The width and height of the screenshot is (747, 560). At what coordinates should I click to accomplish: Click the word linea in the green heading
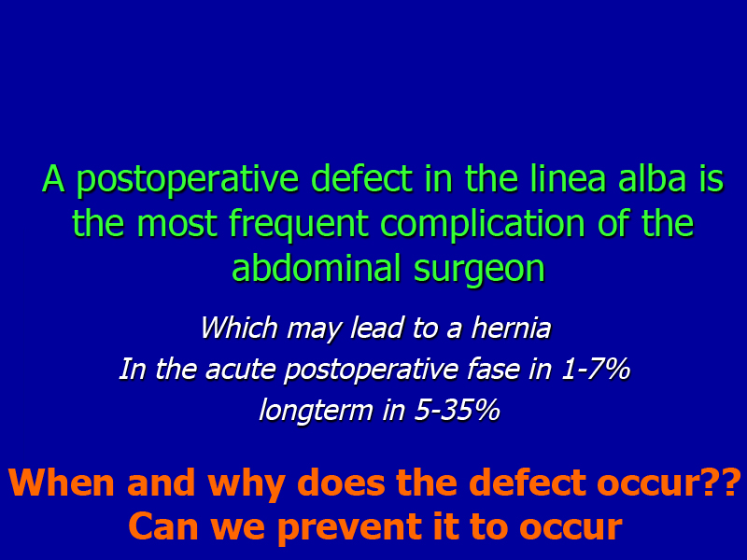tap(569, 178)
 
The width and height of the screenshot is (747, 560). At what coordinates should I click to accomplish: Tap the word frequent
tap(299, 224)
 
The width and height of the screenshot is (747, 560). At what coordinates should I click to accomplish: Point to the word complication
tap(482, 224)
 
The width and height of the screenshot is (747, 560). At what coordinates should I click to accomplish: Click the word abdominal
tap(316, 268)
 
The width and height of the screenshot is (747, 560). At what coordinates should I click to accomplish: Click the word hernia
tap(511, 328)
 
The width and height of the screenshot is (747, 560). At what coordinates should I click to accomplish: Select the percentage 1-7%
tap(596, 369)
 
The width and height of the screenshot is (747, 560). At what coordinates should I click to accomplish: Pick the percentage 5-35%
tap(457, 410)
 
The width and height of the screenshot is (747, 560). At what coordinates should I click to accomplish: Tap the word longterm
tap(316, 411)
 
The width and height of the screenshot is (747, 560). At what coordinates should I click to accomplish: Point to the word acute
tap(241, 370)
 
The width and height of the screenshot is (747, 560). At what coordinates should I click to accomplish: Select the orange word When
tap(62, 483)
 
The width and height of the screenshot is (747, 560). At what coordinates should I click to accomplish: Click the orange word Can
tap(163, 526)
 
